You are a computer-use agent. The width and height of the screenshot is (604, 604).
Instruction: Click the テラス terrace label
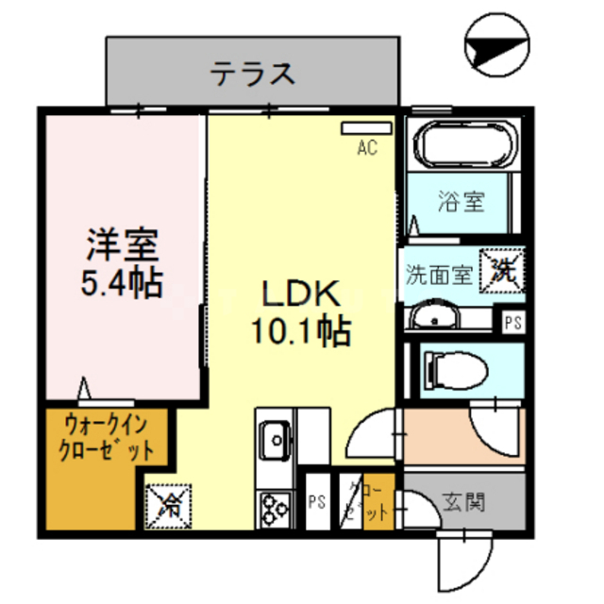pyautogui.click(x=252, y=73)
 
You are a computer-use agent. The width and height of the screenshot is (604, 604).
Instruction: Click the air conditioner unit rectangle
pyautogui.click(x=365, y=127)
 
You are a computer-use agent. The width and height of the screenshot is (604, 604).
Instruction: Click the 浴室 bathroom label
pyautogui.click(x=461, y=201)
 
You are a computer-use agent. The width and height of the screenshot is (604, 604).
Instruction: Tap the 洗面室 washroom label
pyautogui.click(x=439, y=276)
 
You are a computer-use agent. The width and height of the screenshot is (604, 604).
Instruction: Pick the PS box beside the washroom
pyautogui.click(x=512, y=323)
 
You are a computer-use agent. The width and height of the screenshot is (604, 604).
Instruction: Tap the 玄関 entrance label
pyautogui.click(x=462, y=502)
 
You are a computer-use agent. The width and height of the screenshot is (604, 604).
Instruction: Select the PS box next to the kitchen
pyautogui.click(x=316, y=502)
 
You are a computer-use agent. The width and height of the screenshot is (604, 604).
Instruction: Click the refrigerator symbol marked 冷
pyautogui.click(x=169, y=505)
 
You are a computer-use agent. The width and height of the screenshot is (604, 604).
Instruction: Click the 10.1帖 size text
pyautogui.click(x=301, y=330)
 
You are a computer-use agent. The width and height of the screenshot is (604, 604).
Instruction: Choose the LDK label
pyautogui.click(x=301, y=294)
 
